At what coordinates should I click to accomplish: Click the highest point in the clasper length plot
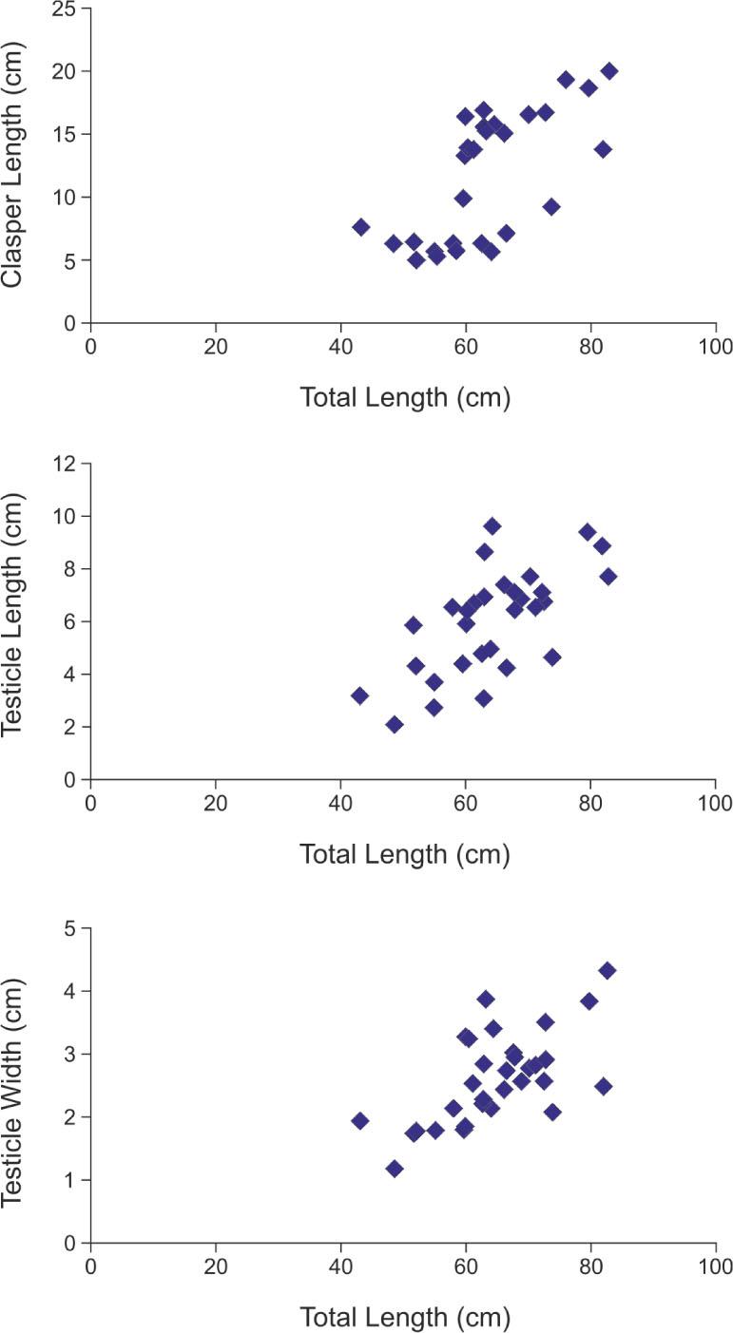tap(609, 71)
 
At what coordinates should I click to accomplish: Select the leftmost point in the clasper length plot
tap(361, 227)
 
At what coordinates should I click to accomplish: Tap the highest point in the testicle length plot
tap(492, 526)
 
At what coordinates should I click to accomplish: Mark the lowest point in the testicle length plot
tap(395, 725)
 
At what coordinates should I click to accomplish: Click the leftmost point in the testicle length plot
tap(359, 695)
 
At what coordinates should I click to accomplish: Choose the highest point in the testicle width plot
tap(608, 970)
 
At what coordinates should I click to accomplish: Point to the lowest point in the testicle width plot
tap(395, 1169)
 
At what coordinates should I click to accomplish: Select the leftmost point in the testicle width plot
tap(359, 1121)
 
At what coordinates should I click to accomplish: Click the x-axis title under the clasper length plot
tap(405, 397)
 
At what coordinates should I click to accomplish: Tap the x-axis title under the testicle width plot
tap(405, 1317)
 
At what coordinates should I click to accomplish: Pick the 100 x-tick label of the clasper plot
tap(715, 346)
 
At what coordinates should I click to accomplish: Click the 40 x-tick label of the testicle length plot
tap(340, 802)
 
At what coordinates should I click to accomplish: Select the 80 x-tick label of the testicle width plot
tap(590, 1266)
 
